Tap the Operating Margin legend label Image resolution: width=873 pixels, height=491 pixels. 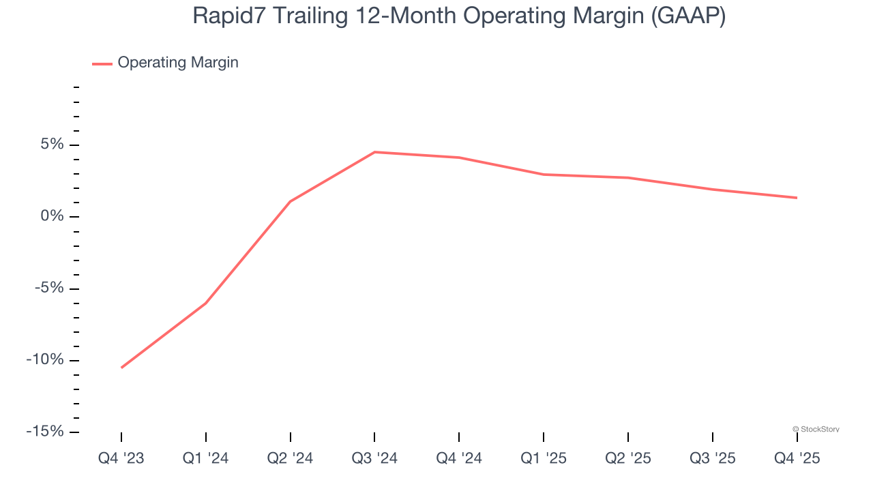(x=178, y=63)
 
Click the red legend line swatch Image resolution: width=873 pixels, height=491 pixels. (x=102, y=63)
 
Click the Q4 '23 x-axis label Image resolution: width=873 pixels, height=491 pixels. (x=121, y=458)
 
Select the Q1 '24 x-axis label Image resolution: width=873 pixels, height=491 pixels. (x=205, y=458)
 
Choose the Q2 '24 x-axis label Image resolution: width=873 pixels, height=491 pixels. (x=290, y=458)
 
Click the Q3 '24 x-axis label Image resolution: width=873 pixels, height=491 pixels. (x=374, y=458)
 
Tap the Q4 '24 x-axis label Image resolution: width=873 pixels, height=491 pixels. (x=459, y=458)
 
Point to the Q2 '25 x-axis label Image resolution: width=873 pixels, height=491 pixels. (x=628, y=458)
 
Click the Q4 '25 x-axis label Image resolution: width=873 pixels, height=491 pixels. (x=797, y=458)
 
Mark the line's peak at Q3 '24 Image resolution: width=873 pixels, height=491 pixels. (x=374, y=152)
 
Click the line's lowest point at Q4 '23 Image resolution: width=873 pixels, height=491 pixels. (x=121, y=368)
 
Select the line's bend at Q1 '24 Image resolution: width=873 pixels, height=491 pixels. (x=205, y=303)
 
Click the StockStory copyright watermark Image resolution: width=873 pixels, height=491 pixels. (x=816, y=430)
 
